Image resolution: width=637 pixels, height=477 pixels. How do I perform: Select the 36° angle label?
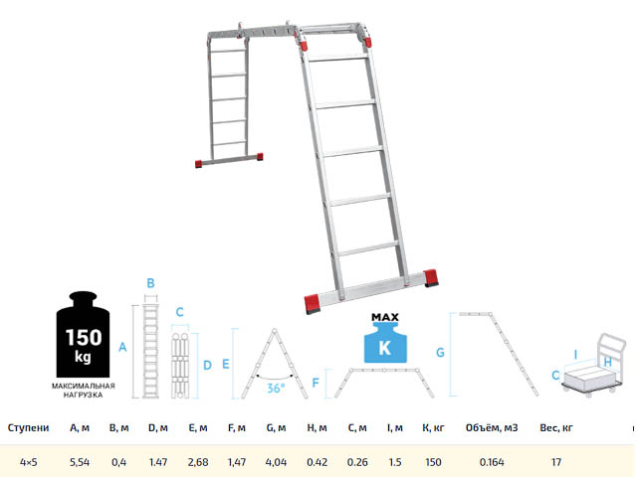click(x=276, y=389)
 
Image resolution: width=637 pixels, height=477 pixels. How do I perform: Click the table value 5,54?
click(x=80, y=462)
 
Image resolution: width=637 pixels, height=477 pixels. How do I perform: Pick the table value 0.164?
click(x=492, y=462)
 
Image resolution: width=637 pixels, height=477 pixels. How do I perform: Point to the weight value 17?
click(x=556, y=462)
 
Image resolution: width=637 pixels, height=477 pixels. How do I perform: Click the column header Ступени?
click(x=29, y=428)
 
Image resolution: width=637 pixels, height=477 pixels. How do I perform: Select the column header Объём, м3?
click(x=492, y=428)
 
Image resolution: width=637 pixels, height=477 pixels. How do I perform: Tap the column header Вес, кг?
click(x=556, y=428)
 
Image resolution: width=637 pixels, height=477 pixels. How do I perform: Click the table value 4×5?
click(x=29, y=462)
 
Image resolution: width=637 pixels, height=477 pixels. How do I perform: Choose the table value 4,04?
click(x=276, y=462)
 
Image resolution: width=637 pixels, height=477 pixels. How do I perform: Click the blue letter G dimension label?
click(x=440, y=353)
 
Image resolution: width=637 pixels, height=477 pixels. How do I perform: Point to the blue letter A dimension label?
click(x=122, y=347)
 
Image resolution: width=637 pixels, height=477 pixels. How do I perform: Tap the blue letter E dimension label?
click(x=226, y=364)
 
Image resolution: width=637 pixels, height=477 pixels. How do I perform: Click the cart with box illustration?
click(x=594, y=364)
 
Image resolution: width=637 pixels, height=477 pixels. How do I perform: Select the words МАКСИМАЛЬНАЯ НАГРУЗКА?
click(x=84, y=391)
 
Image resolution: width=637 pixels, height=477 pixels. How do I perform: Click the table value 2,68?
click(x=198, y=462)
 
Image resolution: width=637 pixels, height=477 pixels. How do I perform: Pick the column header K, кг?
click(x=433, y=428)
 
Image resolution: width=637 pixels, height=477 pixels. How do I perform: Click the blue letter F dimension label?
click(x=316, y=383)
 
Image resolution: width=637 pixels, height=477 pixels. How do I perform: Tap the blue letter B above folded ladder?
click(x=150, y=283)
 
